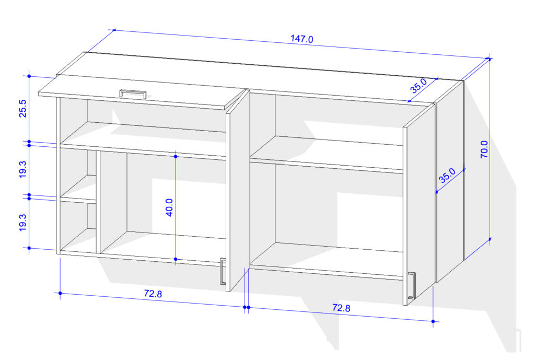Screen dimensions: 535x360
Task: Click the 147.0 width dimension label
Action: pyautogui.click(x=301, y=39)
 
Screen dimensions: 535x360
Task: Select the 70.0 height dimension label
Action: pyautogui.click(x=484, y=149)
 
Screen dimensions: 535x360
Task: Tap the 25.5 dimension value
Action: pyautogui.click(x=22, y=109)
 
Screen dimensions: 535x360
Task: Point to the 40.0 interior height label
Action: pyautogui.click(x=169, y=207)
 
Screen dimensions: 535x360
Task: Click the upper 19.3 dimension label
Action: pyautogui.click(x=22, y=169)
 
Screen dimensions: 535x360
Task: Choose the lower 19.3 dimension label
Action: pyautogui.click(x=22, y=223)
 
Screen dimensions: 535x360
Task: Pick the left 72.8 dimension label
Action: pyautogui.click(x=153, y=294)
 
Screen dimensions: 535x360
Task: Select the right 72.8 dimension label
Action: pyautogui.click(x=341, y=308)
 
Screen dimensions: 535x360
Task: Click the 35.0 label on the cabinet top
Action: pyautogui.click(x=418, y=86)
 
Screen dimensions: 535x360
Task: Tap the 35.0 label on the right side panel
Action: pyautogui.click(x=447, y=176)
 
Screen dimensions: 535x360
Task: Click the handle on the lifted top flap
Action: pyautogui.click(x=133, y=94)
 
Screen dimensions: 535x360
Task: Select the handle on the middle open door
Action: pyautogui.click(x=223, y=271)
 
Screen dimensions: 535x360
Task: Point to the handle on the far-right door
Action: pyautogui.click(x=412, y=286)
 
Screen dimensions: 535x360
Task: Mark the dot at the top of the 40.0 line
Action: pyautogui.click(x=176, y=156)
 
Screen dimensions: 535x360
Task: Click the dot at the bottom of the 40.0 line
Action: pyautogui.click(x=176, y=259)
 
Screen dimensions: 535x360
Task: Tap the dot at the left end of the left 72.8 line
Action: pyautogui.click(x=60, y=293)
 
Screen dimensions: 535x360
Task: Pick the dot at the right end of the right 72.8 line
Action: pyautogui.click(x=433, y=321)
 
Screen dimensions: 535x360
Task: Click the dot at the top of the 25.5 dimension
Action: pyautogui.click(x=29, y=76)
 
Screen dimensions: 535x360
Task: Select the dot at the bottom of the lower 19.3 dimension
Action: pyautogui.click(x=29, y=248)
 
